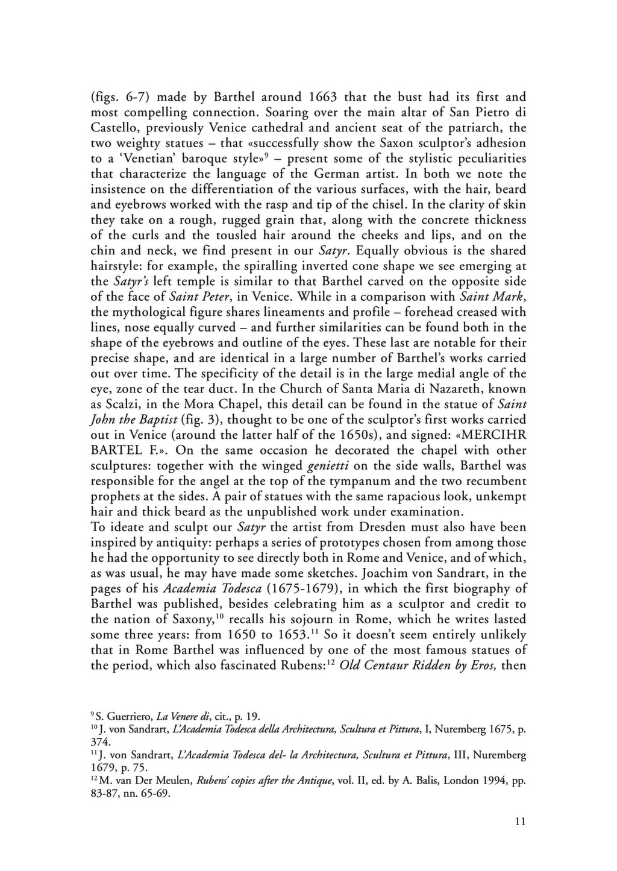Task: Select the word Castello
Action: [113, 128]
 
